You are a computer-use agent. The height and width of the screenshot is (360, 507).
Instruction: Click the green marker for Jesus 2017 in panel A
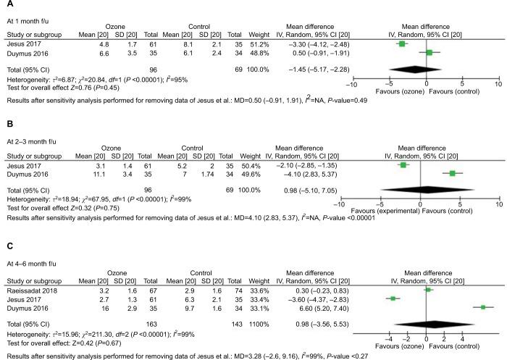(x=402, y=44)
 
